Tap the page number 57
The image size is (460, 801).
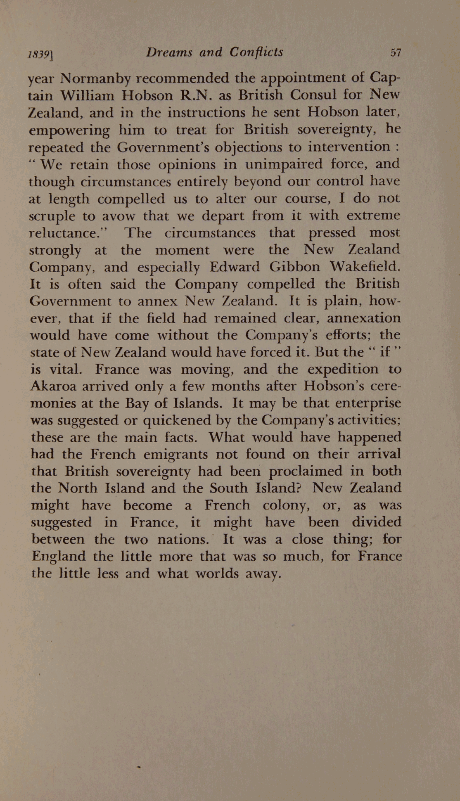396,53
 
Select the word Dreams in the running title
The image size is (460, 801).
169,52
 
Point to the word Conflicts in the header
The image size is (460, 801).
256,52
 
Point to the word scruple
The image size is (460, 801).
52,216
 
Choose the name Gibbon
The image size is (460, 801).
294,267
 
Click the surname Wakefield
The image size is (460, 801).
365,266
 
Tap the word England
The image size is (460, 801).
58,557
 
